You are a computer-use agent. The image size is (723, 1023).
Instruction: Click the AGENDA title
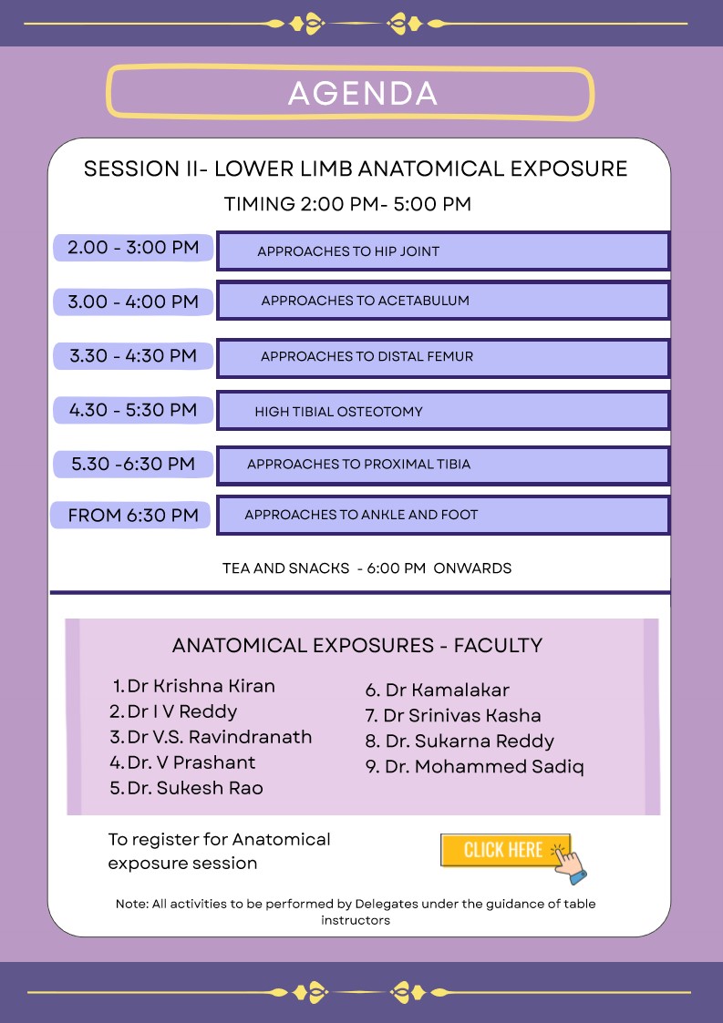pyautogui.click(x=362, y=93)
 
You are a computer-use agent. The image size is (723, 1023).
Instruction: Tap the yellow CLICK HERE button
pyautogui.click(x=505, y=851)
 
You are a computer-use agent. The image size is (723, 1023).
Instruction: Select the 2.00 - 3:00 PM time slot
pyautogui.click(x=133, y=248)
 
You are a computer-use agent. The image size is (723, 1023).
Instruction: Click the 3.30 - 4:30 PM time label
pyautogui.click(x=133, y=356)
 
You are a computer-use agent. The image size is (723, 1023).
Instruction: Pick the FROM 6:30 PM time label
pyautogui.click(x=133, y=516)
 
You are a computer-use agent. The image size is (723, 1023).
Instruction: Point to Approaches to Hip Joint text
pyautogui.click(x=348, y=251)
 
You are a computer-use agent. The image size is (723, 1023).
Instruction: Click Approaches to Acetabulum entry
pyautogui.click(x=365, y=301)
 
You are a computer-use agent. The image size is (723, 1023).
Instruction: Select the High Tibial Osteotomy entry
pyautogui.click(x=338, y=412)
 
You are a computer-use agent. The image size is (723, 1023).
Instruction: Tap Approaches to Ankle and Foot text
pyautogui.click(x=361, y=515)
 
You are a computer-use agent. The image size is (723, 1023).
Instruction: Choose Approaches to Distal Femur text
pyautogui.click(x=367, y=356)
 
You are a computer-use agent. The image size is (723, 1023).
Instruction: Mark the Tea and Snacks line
pyautogui.click(x=367, y=568)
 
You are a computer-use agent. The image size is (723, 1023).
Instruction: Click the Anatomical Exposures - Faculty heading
pyautogui.click(x=357, y=646)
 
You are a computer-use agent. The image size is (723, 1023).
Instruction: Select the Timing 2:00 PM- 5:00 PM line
pyautogui.click(x=347, y=204)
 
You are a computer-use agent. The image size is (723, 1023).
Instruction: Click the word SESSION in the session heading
pyautogui.click(x=119, y=169)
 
